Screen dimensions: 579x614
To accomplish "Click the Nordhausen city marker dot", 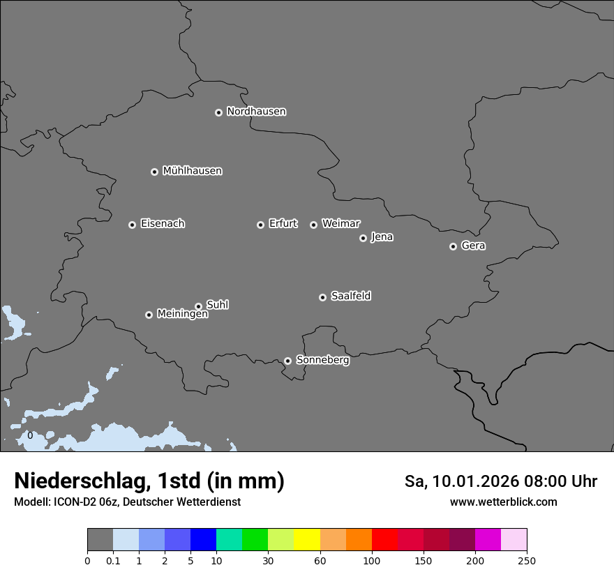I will (218, 112).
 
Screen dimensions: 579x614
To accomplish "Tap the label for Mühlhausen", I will (192, 171).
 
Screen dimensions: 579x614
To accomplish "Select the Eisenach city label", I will (163, 224).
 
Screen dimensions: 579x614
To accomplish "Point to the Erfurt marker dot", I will (260, 225).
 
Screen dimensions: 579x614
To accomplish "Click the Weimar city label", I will (340, 224).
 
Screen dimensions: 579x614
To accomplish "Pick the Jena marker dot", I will (363, 238).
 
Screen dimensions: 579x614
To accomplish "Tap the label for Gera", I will (473, 246).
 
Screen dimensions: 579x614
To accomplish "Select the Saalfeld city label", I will (350, 296).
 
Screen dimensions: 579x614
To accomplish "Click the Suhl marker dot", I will (198, 306).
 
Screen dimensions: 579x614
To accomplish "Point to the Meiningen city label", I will (182, 315).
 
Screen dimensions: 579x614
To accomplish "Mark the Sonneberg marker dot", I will (287, 361).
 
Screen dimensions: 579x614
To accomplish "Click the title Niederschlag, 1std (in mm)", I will (149, 481).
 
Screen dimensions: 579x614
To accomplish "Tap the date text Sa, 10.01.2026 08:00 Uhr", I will (501, 481).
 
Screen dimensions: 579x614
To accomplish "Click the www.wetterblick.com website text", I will (503, 502).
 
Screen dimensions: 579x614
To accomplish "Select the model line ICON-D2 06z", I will (127, 502).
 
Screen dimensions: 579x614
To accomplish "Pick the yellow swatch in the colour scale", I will (306, 540).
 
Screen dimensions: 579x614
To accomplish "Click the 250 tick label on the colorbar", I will (526, 561).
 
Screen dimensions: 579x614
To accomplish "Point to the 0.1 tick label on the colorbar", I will (112, 561).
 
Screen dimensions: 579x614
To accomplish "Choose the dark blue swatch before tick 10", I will (203, 540).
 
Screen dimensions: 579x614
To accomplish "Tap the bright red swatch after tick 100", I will (384, 540).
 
